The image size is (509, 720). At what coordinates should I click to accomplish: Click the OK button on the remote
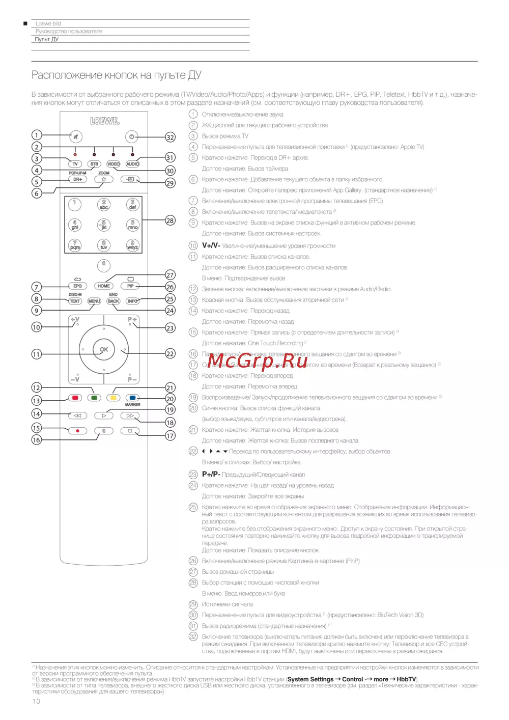pos(104,349)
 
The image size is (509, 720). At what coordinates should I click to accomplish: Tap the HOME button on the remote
pos(104,286)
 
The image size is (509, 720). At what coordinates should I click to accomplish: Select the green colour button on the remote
pos(94,398)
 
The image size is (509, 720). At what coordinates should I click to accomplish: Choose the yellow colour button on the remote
pos(114,398)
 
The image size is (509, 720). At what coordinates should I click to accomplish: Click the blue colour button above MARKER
pos(132,398)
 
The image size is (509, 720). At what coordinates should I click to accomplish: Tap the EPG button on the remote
pos(77,286)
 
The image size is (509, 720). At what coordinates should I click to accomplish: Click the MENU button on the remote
pos(94,301)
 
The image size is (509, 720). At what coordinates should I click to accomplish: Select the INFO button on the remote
pos(132,301)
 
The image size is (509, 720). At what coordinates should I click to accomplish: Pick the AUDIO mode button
pos(132,164)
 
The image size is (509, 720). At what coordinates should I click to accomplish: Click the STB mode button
pos(94,164)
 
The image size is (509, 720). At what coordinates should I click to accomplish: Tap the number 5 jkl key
pos(104,225)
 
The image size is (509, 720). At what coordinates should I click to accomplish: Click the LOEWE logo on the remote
pos(105,121)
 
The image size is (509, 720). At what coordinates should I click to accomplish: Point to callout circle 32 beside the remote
pos(170,137)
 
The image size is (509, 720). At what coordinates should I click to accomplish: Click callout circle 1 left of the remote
pos(36,135)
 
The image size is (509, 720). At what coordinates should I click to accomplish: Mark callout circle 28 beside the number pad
pos(170,220)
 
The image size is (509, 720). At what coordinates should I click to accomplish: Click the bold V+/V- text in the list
pos(211,245)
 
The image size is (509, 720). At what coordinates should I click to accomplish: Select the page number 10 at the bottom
pos(36,701)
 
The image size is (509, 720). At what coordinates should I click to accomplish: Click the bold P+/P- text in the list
pos(211,474)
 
